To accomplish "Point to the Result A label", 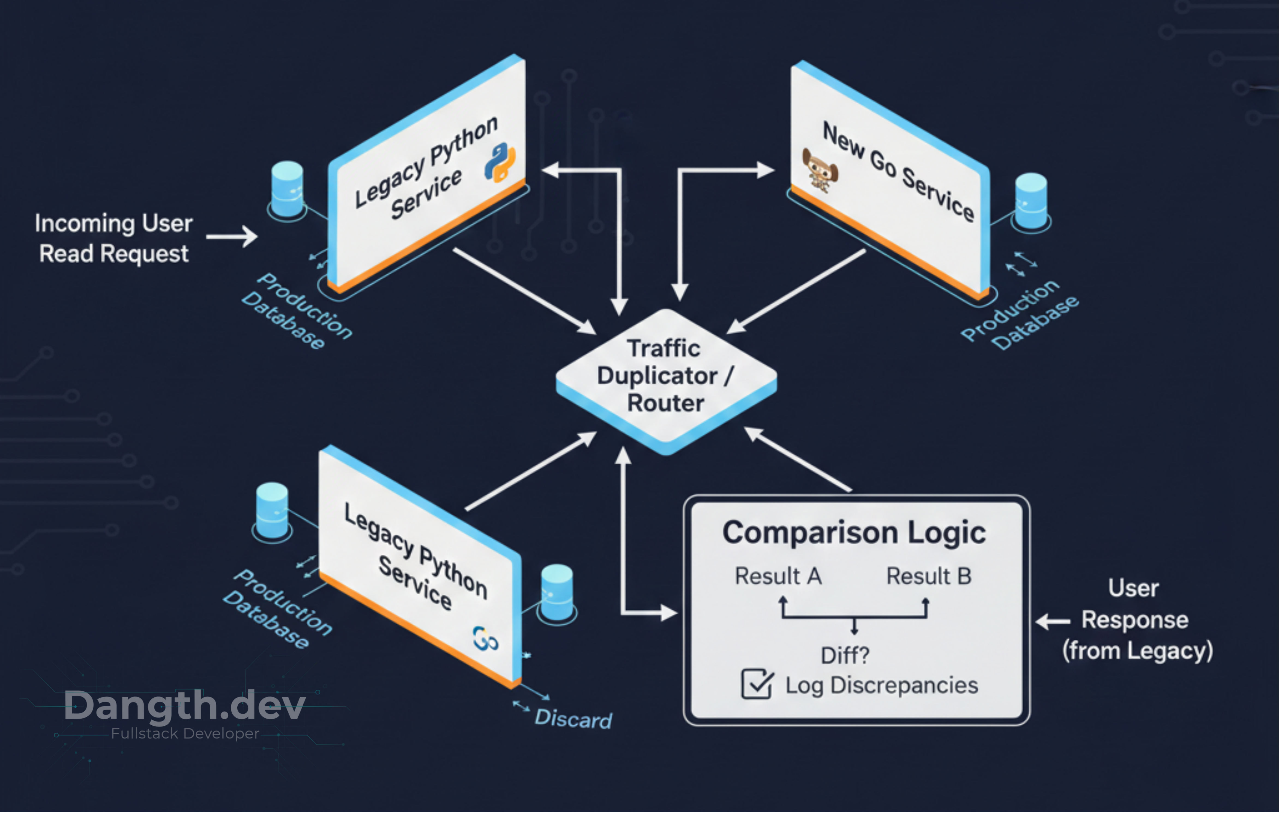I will (778, 576).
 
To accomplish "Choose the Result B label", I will (928, 576).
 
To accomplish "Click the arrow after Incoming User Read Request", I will (232, 236).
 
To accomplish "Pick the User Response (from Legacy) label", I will (1137, 620).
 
